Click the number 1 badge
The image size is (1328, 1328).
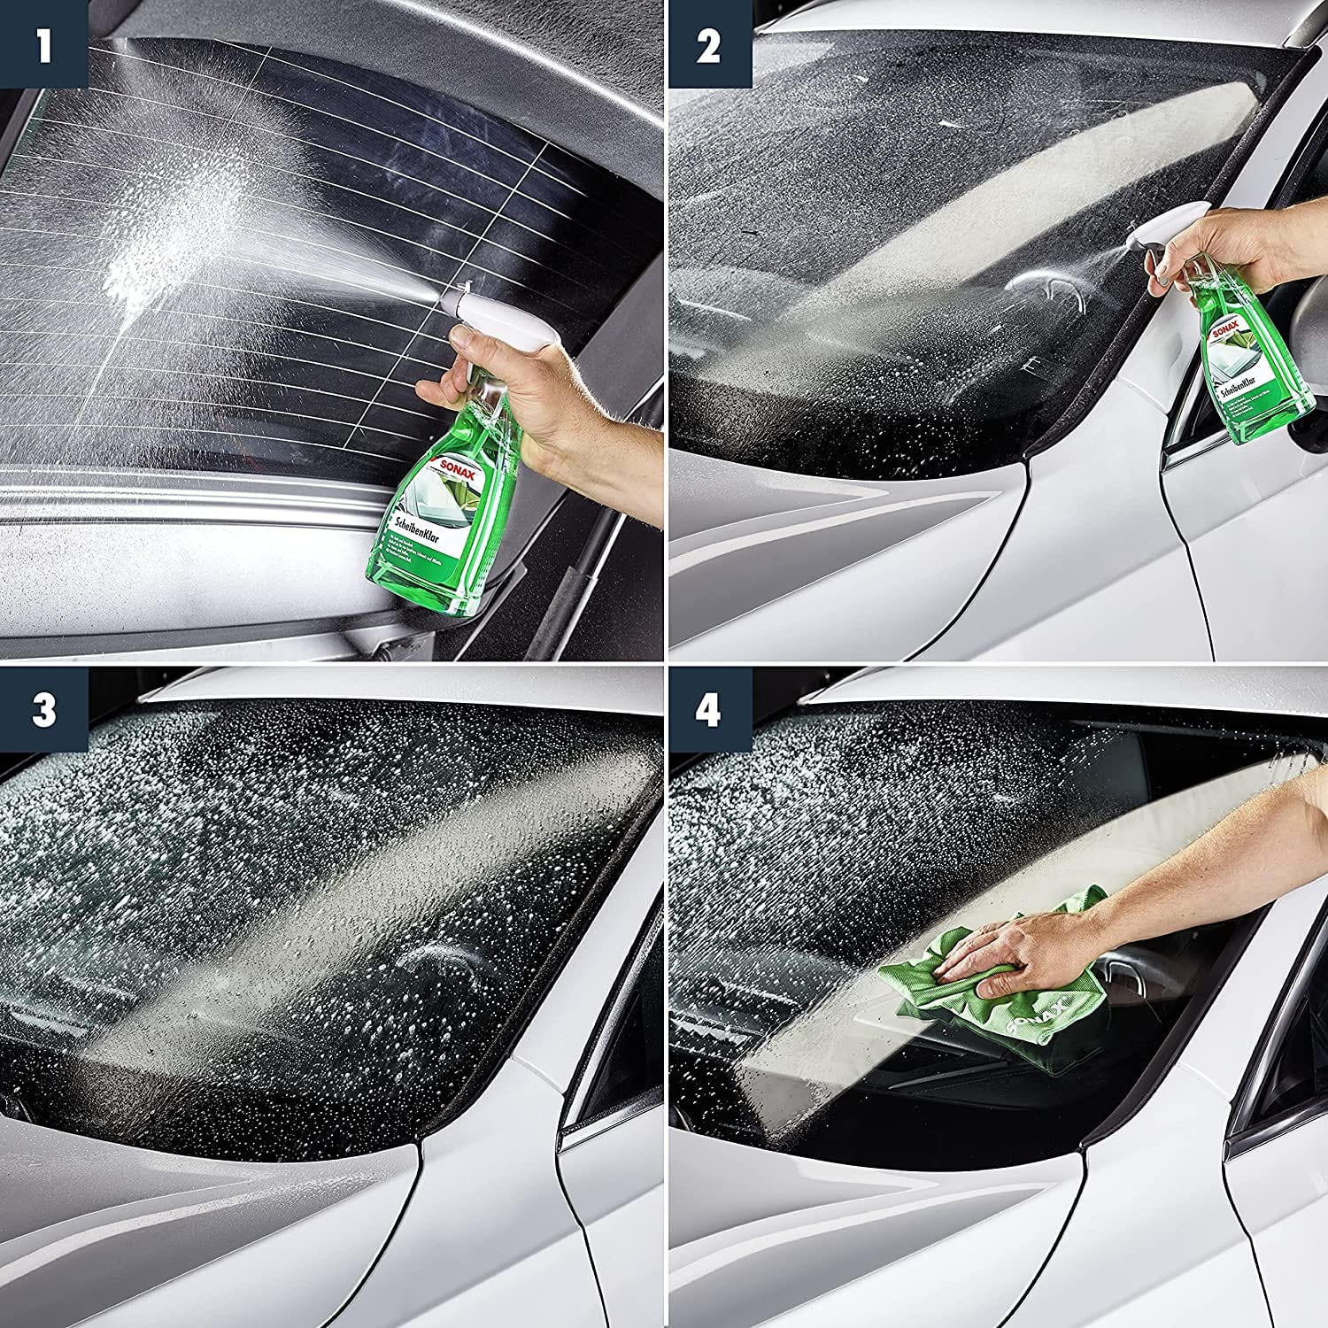pos(43,44)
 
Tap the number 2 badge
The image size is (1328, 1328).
pos(707,44)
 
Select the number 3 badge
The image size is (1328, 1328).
pos(43,710)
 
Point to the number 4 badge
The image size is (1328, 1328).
pos(707,710)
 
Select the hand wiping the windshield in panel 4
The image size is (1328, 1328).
pos(1009,952)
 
